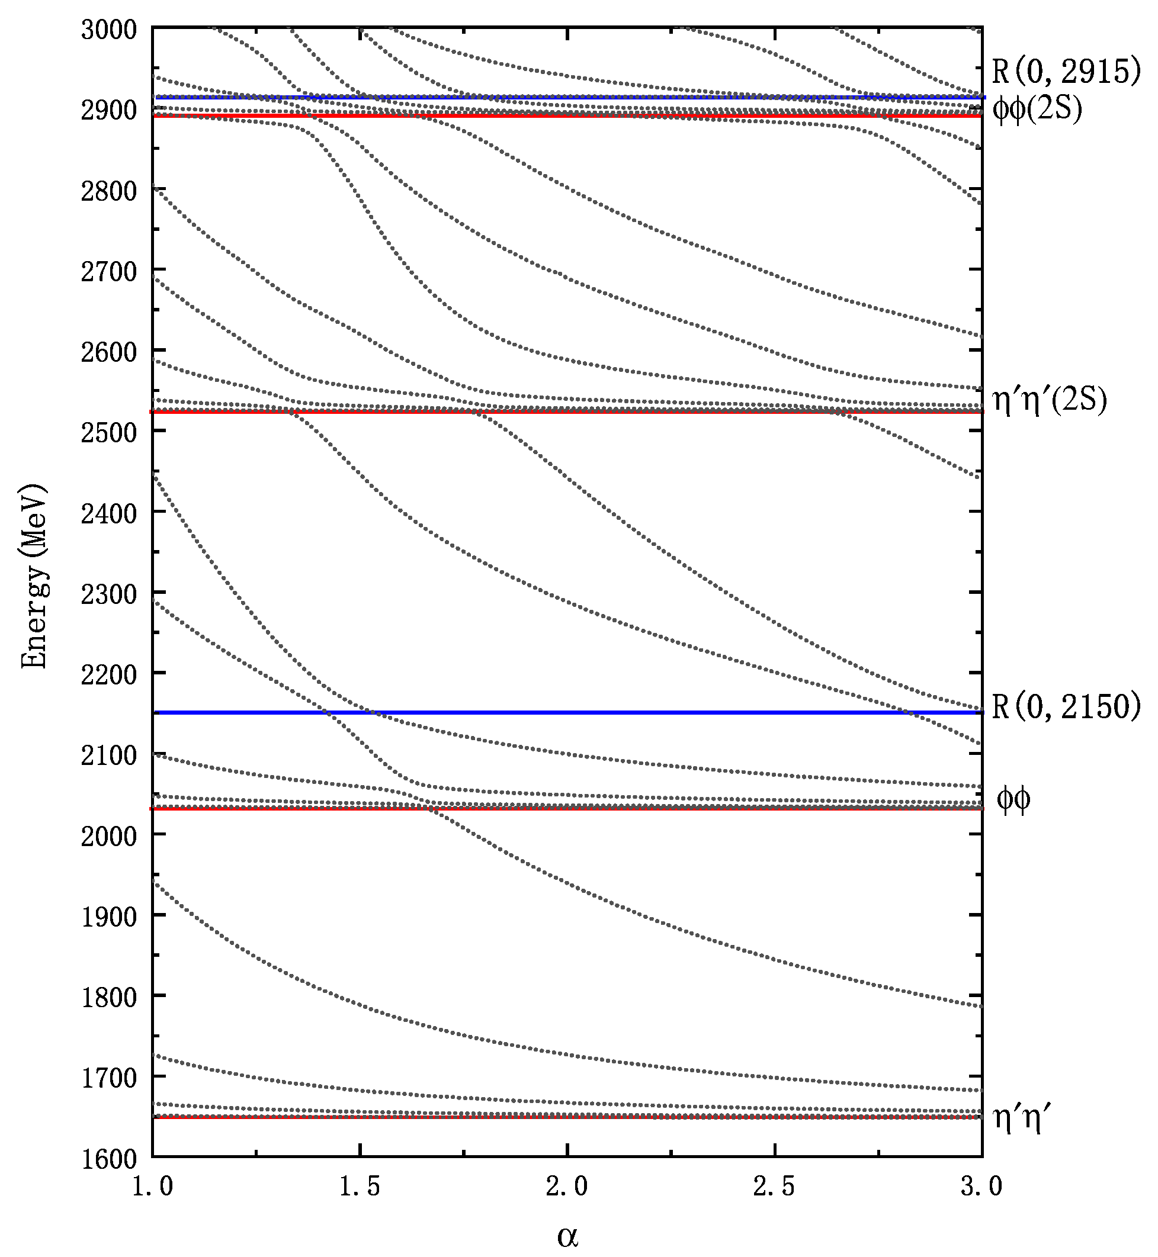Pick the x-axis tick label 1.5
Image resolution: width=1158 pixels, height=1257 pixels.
pos(360,1187)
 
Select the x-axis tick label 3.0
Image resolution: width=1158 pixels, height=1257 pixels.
pos(981,1187)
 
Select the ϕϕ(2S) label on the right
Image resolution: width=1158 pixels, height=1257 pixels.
pos(1037,110)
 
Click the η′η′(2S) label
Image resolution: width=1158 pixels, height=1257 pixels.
pos(1049,400)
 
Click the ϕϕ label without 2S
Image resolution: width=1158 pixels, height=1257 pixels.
pos(1013,800)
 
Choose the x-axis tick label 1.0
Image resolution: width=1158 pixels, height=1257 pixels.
pos(152,1187)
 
